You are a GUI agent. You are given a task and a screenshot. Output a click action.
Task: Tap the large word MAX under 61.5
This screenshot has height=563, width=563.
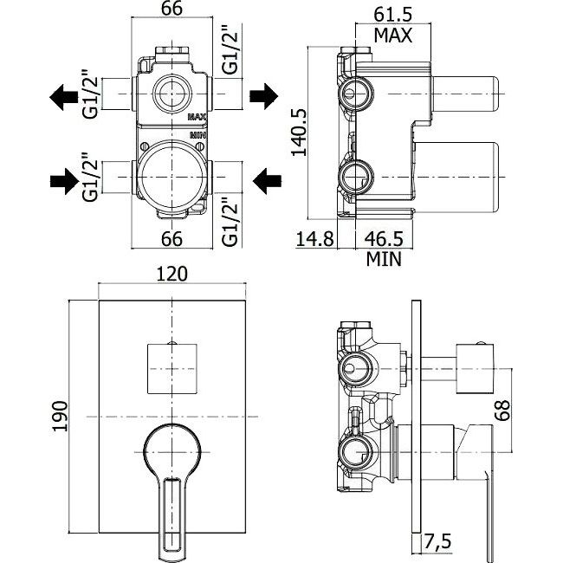click(392, 35)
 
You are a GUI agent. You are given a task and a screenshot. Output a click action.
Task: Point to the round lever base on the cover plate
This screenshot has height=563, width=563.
click(171, 450)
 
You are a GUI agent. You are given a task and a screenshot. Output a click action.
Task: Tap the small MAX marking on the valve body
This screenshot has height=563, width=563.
click(196, 115)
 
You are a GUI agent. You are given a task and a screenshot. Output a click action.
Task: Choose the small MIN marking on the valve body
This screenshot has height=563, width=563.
click(196, 136)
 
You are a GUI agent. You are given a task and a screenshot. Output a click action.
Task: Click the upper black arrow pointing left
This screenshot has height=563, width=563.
click(65, 94)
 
